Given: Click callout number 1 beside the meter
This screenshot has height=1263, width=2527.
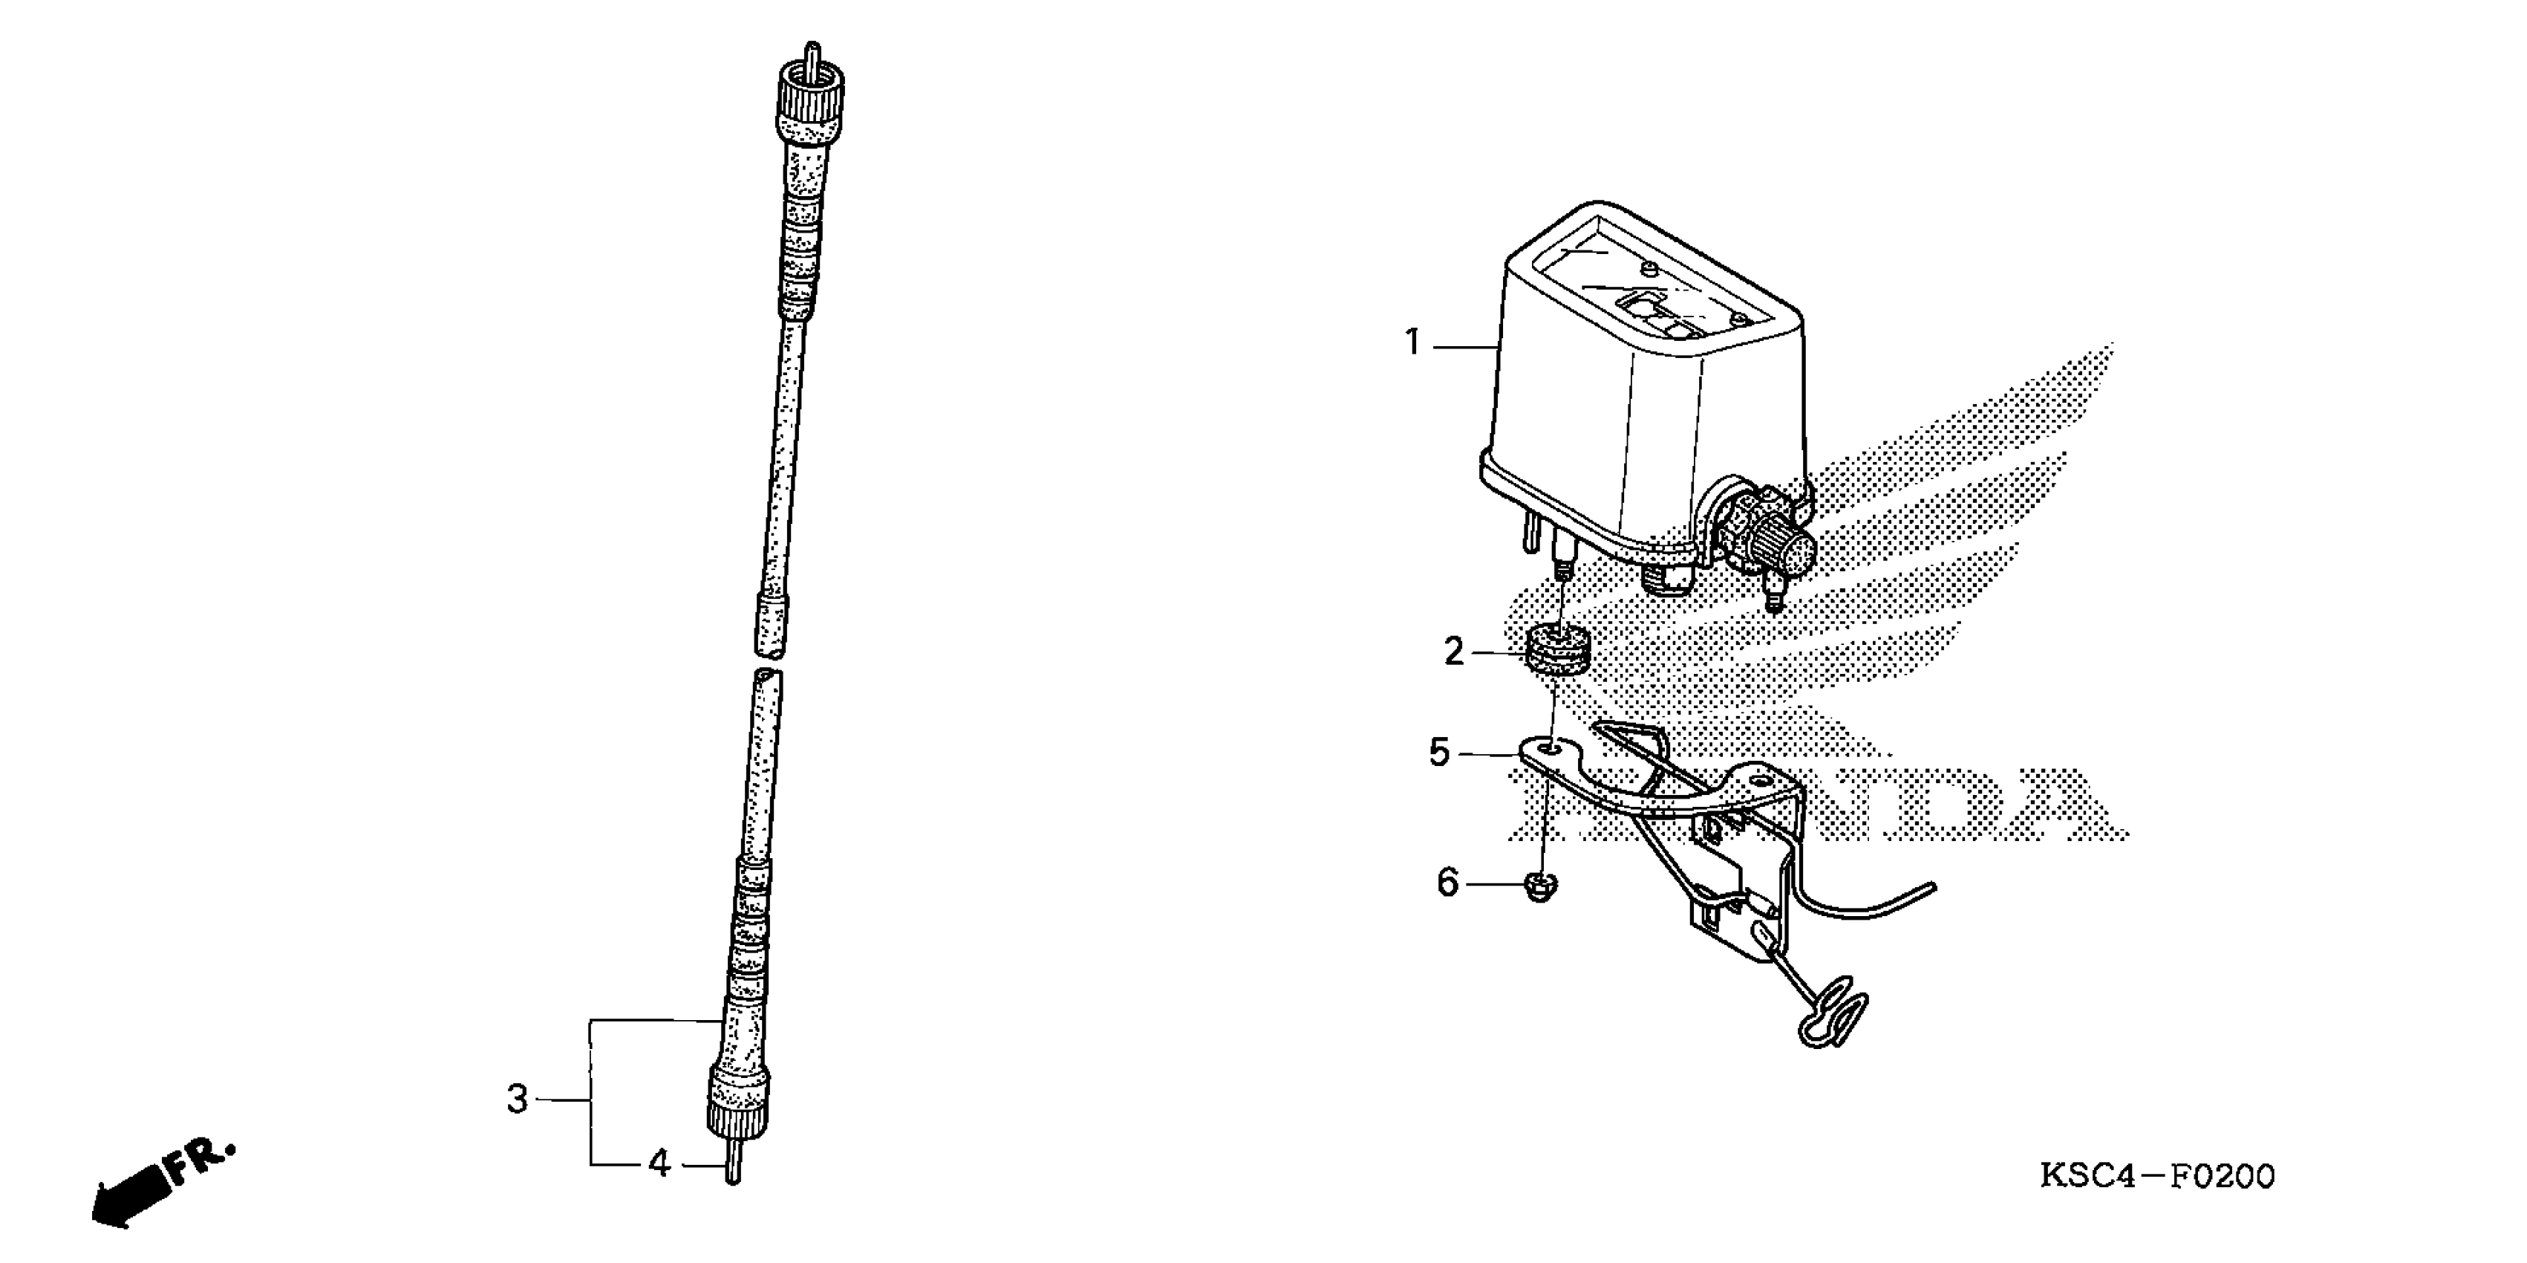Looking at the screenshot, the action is pyautogui.click(x=1412, y=343).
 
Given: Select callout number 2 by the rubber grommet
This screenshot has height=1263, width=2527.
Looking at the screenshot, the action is pyautogui.click(x=1454, y=652).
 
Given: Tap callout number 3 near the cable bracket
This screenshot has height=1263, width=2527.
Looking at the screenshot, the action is pyautogui.click(x=517, y=1099).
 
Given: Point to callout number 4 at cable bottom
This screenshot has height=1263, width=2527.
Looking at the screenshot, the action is pyautogui.click(x=659, y=1165).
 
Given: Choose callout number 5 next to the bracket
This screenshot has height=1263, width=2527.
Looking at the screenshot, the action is pyautogui.click(x=1439, y=753).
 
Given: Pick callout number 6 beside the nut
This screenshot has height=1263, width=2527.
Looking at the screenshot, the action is pyautogui.click(x=1448, y=883).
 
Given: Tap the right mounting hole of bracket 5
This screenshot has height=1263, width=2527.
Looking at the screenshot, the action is pyautogui.click(x=1760, y=782).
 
